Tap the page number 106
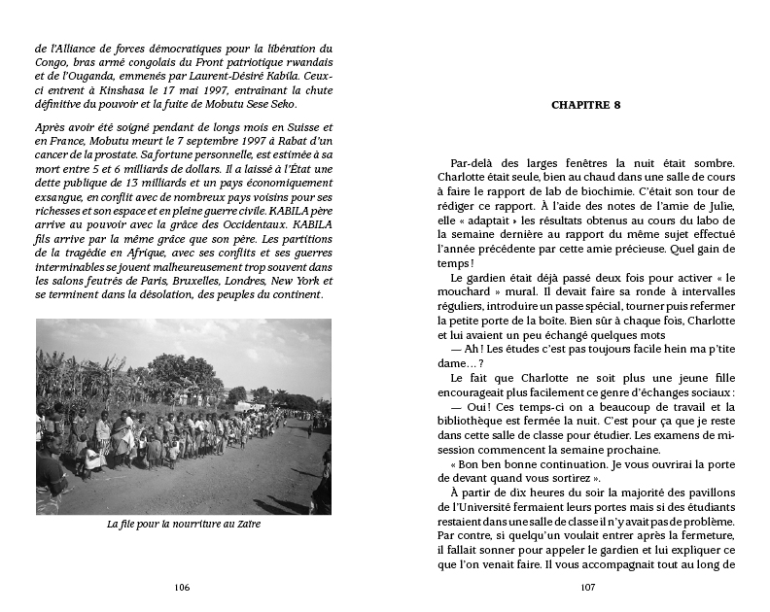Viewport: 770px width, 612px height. click(x=182, y=587)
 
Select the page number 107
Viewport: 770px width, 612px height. click(x=586, y=587)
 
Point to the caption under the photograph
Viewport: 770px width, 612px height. click(x=182, y=525)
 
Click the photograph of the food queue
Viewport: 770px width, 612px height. click(x=183, y=417)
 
